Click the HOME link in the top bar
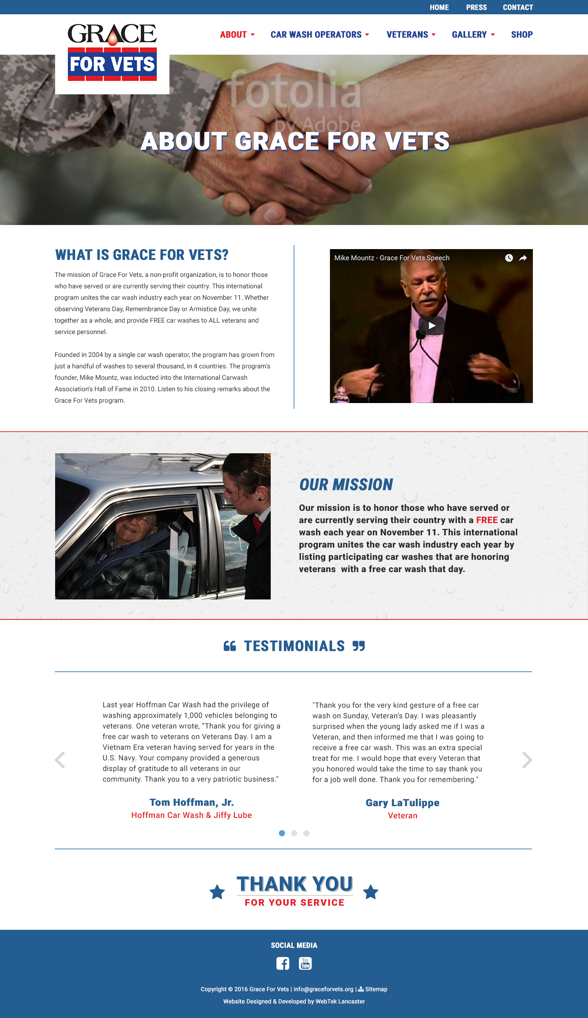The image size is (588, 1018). [x=439, y=7]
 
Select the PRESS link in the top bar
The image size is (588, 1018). [x=476, y=7]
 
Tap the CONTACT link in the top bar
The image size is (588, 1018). [x=518, y=7]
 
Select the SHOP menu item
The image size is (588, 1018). [x=521, y=35]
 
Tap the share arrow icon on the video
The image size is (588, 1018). [x=523, y=258]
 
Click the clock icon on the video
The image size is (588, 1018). [x=509, y=258]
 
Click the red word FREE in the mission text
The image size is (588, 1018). [x=487, y=520]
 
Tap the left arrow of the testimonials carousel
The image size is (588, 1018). [x=60, y=760]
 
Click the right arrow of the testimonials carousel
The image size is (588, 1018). [x=527, y=760]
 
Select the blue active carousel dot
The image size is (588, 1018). [x=282, y=833]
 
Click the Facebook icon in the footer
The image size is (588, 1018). [x=283, y=963]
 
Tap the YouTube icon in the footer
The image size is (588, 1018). [x=305, y=963]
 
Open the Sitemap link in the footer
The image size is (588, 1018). [x=376, y=989]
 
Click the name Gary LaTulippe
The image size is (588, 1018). [x=402, y=803]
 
